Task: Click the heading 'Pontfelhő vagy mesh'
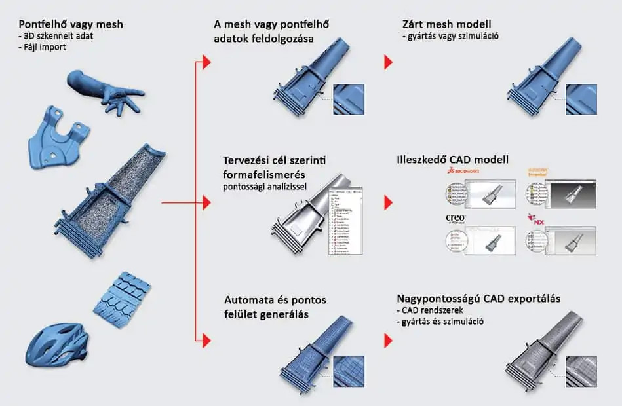click(71, 25)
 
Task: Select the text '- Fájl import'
click(43, 47)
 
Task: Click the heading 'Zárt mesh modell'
click(447, 25)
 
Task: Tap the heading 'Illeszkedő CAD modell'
click(452, 160)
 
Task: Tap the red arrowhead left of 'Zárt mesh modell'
click(388, 62)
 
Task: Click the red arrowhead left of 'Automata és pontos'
click(206, 339)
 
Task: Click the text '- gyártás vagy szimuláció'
click(450, 37)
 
